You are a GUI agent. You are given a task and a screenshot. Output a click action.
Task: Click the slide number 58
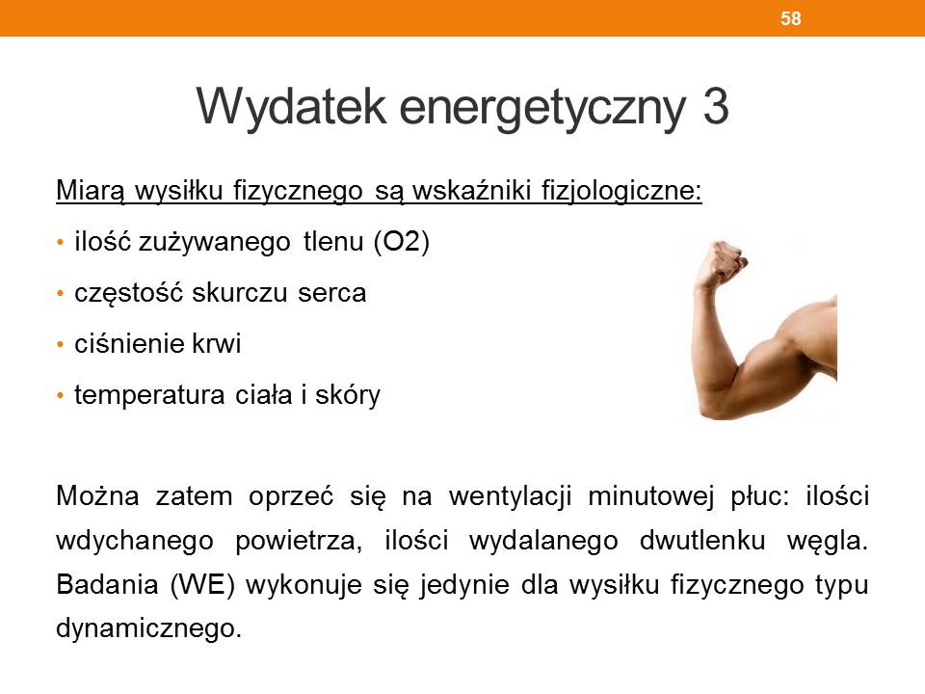coord(790,18)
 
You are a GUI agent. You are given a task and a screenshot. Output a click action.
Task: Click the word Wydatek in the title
coord(291,107)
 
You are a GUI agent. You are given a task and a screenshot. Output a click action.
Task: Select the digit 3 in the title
coord(716,107)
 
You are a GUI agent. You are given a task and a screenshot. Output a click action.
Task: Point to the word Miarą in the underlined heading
coord(91,190)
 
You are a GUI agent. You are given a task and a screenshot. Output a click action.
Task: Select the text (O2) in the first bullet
coord(402,241)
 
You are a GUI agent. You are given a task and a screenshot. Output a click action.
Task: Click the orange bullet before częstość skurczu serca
coord(60,293)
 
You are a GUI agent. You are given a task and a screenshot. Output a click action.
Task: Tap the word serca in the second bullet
coord(332,293)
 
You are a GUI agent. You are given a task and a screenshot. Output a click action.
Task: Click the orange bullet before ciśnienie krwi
coord(60,344)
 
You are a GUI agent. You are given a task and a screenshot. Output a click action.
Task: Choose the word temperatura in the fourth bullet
coord(149,395)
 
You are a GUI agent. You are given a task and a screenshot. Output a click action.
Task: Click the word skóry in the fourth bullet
coord(348,395)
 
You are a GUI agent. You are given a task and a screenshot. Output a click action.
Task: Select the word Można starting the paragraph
coord(97,495)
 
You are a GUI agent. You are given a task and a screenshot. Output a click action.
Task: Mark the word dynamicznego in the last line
coord(148,628)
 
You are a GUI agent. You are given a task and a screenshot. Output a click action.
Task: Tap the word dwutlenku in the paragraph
coord(702,540)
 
